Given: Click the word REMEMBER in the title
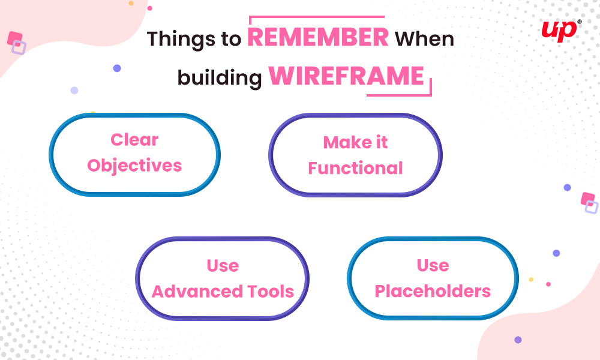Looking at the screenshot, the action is [x=318, y=37].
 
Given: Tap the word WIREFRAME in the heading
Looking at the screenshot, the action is [x=346, y=76].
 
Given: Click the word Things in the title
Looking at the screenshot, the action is [x=181, y=39].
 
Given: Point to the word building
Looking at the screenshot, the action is [x=220, y=77].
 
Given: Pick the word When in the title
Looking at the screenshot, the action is [x=424, y=38].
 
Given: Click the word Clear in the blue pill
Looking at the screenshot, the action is [x=134, y=140].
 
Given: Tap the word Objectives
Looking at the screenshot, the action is [x=134, y=166].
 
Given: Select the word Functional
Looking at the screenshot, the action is [x=355, y=168].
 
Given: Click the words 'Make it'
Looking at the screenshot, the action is [x=355, y=142].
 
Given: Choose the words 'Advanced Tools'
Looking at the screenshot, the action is [x=223, y=292].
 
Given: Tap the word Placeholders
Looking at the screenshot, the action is [x=433, y=291].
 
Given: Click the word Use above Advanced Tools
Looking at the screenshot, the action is [x=223, y=266].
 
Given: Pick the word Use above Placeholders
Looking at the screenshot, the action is [x=433, y=265].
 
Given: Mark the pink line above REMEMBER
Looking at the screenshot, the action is [x=316, y=17].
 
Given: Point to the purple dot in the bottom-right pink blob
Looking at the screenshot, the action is [x=518, y=340].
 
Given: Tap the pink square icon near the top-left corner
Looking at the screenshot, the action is [x=14, y=38].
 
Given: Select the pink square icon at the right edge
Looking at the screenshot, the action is [x=588, y=199].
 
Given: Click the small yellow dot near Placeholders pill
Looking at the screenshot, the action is [x=531, y=280].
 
